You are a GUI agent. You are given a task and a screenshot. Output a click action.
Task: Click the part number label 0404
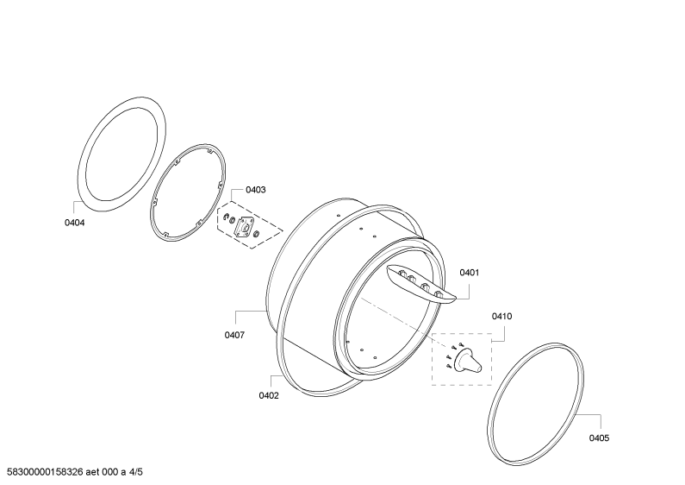pos(75,223)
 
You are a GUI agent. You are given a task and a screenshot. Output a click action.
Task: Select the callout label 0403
pos(256,190)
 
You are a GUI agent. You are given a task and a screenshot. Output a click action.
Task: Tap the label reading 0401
pos(470,273)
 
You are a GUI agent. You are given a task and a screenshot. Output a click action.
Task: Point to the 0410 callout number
pos(501,317)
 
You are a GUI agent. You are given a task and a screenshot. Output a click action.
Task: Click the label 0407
pos(234,336)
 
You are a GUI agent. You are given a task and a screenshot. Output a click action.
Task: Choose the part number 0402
pos(269,396)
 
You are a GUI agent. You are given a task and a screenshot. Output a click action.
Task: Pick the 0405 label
pos(599,438)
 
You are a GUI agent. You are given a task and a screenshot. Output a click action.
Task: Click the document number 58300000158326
pos(45,472)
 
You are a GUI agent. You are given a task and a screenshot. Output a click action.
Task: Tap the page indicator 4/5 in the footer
pos(136,472)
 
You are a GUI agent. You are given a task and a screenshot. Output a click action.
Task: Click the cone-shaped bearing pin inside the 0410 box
pos(468,361)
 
